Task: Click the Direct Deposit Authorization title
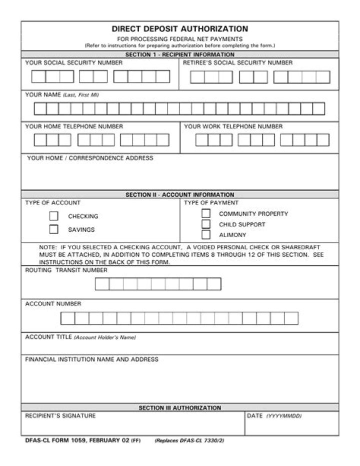[x=179, y=29]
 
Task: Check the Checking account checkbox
[x=54, y=216]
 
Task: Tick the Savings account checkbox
[x=54, y=230]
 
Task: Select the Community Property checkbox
[x=206, y=213]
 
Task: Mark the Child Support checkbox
[x=206, y=224]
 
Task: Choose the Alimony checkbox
[x=206, y=234]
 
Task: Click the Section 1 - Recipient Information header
[x=179, y=55]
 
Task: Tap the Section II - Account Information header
[x=179, y=195]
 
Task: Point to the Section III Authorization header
[x=179, y=408]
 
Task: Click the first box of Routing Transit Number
[x=102, y=284]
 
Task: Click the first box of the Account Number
[x=67, y=318]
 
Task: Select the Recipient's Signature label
[x=60, y=416]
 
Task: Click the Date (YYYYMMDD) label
[x=274, y=416]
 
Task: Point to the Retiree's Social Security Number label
[x=237, y=63]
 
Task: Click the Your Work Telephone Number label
[x=233, y=126]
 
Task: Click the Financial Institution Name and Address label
[x=91, y=359]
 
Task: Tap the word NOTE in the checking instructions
[x=47, y=247]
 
